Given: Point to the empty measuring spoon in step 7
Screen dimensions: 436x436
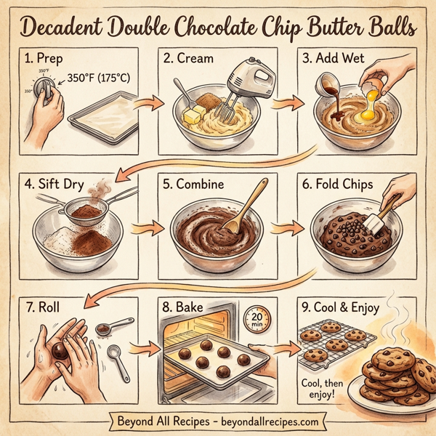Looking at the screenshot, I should pyautogui.click(x=114, y=356).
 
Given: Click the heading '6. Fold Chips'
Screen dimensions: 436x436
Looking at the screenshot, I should pyautogui.click(x=339, y=184).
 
